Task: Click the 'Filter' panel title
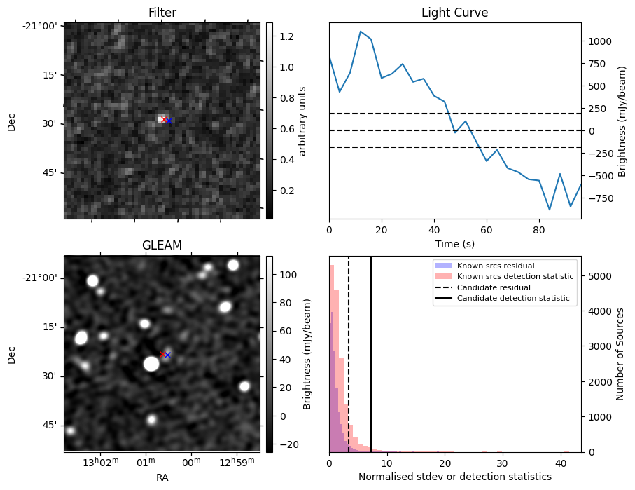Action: pos(162,13)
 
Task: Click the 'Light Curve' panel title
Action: pos(454,13)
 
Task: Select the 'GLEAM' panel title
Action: pos(162,245)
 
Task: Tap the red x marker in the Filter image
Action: pos(163,120)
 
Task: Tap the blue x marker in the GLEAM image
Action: pos(167,355)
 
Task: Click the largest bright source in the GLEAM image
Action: pos(151,363)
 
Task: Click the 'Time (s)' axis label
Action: pos(454,242)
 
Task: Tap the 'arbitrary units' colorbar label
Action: pos(302,121)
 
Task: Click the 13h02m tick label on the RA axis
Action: pos(100,463)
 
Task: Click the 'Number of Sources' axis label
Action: pos(620,354)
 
